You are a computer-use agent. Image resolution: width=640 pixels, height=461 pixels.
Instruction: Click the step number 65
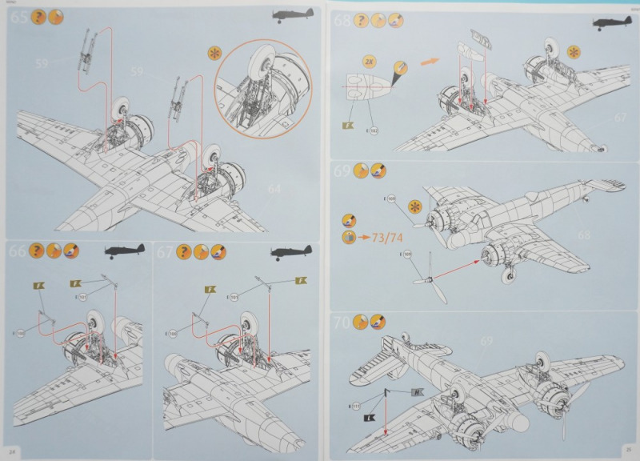click(x=18, y=17)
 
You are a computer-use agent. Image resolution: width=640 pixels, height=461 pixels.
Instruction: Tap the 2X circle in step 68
click(x=369, y=61)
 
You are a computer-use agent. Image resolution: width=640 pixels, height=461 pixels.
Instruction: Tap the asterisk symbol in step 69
click(x=414, y=206)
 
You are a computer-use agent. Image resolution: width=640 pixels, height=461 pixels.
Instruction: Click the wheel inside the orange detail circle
click(x=254, y=73)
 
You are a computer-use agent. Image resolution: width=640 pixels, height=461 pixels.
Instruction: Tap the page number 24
click(x=14, y=452)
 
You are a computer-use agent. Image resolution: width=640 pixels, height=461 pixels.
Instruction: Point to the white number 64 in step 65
click(x=275, y=189)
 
